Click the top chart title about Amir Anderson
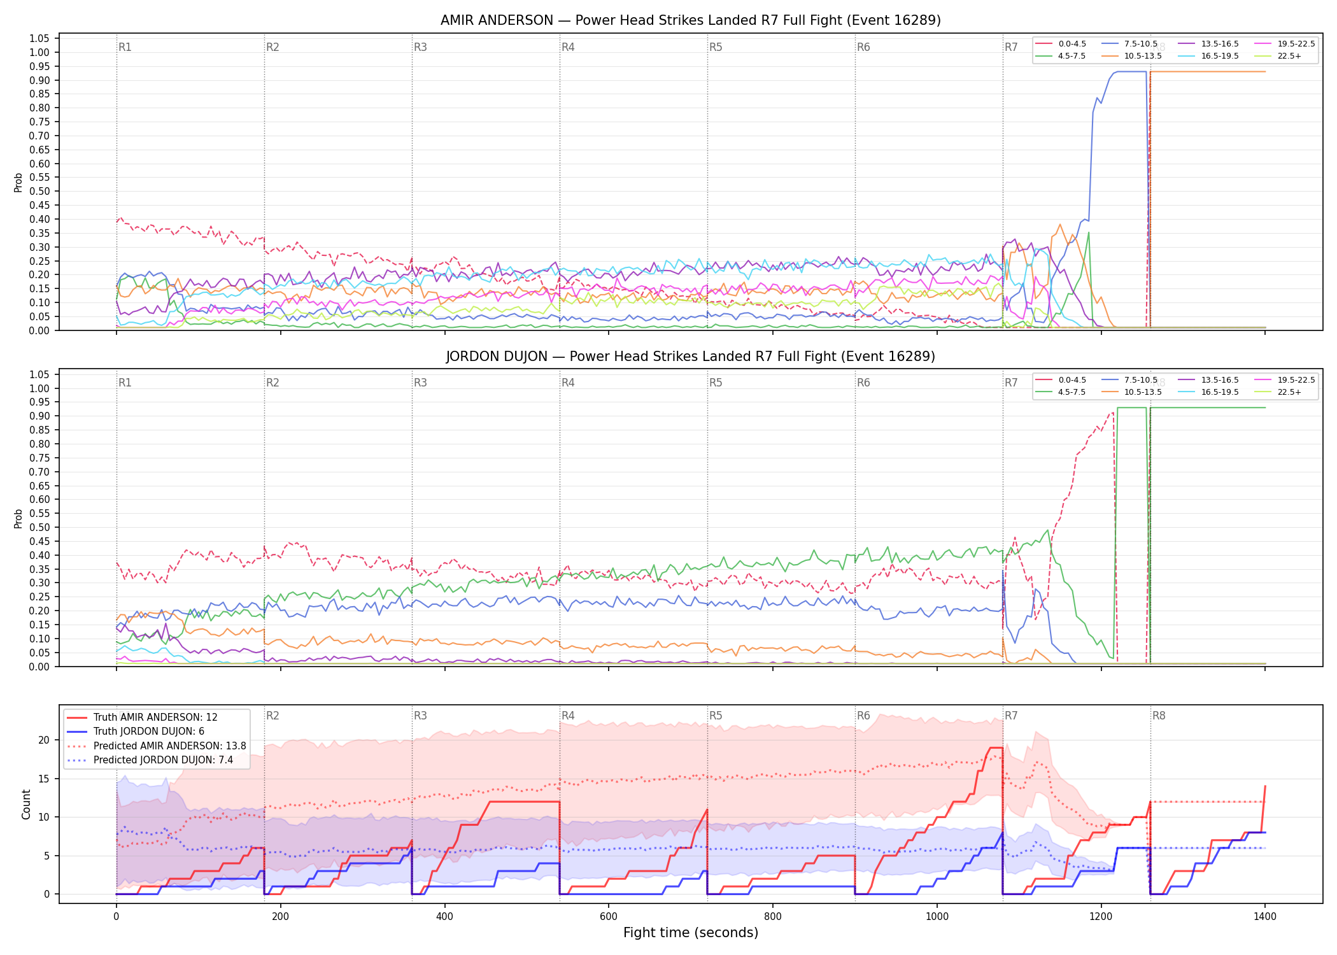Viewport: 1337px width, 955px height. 691,20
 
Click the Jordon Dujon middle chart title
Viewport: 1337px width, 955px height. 691,357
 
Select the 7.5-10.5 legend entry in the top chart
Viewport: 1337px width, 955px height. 1130,44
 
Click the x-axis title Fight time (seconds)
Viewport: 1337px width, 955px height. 691,933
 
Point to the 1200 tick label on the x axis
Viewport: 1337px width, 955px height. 1101,917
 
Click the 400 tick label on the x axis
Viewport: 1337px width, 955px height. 444,917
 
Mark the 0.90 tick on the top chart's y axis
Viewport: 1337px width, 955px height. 39,80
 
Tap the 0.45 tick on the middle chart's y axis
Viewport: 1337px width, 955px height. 39,541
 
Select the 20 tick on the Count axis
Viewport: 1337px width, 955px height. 44,740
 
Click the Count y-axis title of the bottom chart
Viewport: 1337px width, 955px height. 26,804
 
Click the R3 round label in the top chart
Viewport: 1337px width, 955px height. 420,47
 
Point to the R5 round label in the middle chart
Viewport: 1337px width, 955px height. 716,383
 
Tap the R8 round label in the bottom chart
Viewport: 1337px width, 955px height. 1159,716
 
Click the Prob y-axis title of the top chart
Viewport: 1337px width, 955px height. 18,183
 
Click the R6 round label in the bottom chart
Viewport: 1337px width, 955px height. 863,716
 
